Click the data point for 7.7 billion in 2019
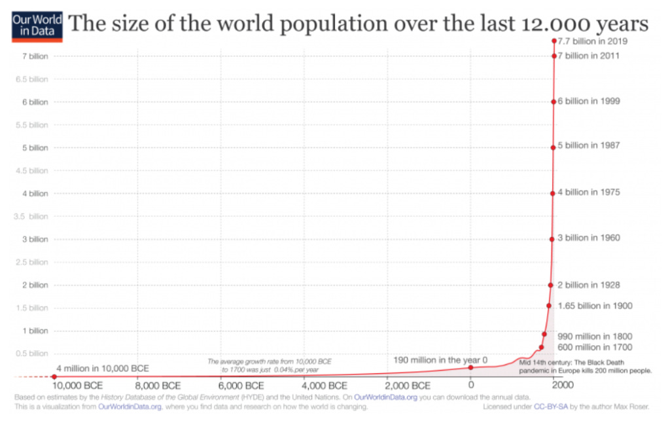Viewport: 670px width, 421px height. point(554,41)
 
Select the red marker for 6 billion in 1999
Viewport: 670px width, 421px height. point(554,101)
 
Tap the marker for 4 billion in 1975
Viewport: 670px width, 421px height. point(553,193)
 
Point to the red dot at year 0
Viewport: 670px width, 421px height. point(470,367)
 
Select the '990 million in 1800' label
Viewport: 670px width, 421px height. point(594,336)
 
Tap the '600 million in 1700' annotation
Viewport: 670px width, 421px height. point(594,347)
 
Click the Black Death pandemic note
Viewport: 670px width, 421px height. point(585,366)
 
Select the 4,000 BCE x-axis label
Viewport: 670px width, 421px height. point(325,386)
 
